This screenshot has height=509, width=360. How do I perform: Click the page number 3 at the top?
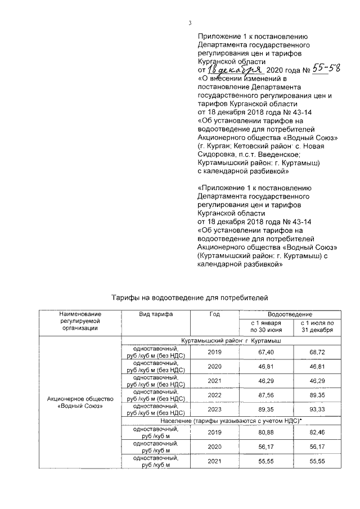(x=190, y=22)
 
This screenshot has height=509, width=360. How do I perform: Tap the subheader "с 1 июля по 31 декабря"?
(x=317, y=327)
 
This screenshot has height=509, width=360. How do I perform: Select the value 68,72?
(x=317, y=352)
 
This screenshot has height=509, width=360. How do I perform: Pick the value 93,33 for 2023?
(x=317, y=411)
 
